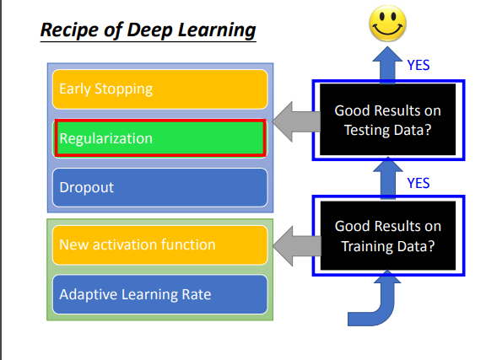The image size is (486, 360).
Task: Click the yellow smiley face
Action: point(387,24)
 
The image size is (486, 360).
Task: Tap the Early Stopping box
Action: point(160,89)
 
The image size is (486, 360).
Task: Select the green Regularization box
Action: point(160,138)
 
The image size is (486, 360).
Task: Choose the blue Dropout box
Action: point(160,187)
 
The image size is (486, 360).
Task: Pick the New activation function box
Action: point(160,245)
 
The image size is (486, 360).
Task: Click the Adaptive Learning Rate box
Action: point(160,294)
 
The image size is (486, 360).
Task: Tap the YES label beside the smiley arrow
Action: point(418,65)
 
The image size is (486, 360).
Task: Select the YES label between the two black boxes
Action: point(418,183)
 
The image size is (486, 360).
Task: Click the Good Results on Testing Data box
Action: point(388,120)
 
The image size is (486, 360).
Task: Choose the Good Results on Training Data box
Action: point(388,236)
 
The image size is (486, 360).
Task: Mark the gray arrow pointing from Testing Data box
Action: point(296,121)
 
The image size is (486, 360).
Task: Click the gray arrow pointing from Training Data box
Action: point(297,246)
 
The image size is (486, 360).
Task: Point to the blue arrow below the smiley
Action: point(387,65)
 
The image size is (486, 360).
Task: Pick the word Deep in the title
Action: point(149,30)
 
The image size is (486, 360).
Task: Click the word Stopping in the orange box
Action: point(123,89)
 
